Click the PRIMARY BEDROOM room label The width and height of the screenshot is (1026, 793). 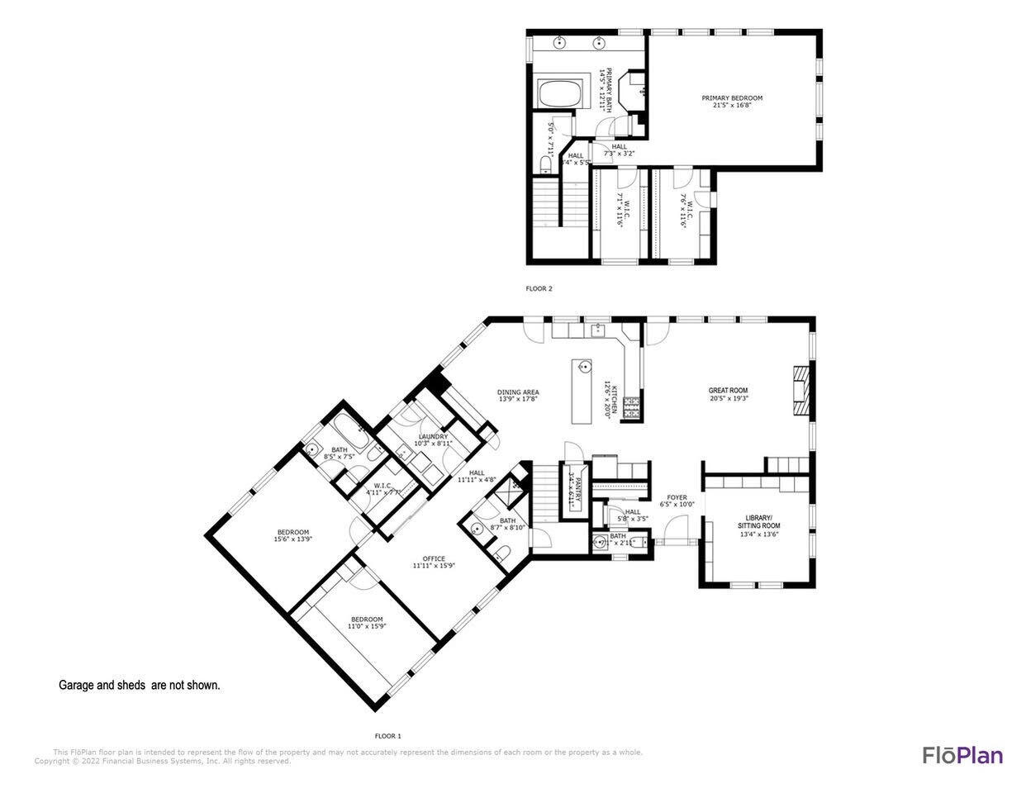[732, 97]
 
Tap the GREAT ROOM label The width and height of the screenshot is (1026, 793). [728, 390]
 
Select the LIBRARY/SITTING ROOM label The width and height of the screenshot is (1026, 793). [758, 521]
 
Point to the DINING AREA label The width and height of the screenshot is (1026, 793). [518, 392]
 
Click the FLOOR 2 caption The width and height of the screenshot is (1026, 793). [539, 289]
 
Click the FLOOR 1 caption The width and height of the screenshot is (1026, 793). [387, 735]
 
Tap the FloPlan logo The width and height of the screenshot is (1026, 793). [962, 755]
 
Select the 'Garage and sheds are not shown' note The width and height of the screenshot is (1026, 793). [139, 685]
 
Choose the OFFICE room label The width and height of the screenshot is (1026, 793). [434, 559]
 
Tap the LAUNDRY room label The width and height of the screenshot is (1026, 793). [433, 437]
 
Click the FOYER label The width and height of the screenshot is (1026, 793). [677, 498]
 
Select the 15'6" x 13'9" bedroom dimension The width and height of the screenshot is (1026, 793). [292, 539]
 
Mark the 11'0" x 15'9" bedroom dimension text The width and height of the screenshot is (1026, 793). [367, 626]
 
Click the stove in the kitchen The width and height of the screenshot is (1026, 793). [632, 407]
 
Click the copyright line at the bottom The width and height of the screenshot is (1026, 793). [162, 762]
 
